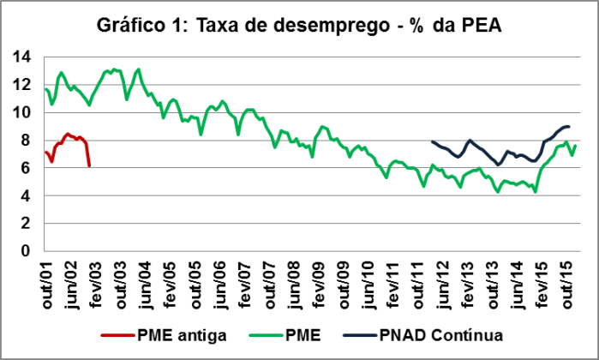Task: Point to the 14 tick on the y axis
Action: (x=23, y=57)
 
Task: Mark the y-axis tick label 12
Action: (x=23, y=85)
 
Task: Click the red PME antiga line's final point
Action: (x=90, y=166)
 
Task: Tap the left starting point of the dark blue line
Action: (x=432, y=141)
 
